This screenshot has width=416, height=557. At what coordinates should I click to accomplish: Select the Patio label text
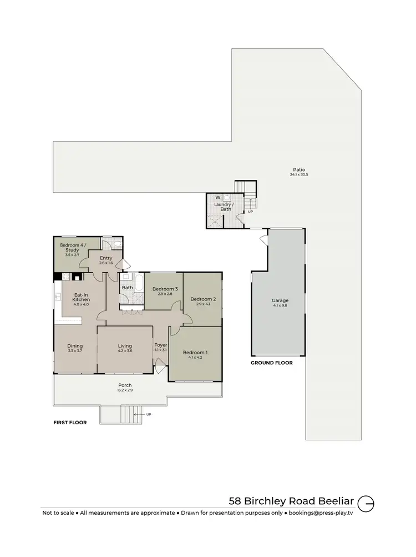pos(299,169)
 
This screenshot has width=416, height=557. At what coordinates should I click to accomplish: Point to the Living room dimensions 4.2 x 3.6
pos(125,352)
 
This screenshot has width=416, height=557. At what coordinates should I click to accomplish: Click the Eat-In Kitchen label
pos(81,297)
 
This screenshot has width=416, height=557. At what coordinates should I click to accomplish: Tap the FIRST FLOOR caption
pos(70,423)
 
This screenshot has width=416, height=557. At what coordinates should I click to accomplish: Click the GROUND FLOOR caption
pos(272,363)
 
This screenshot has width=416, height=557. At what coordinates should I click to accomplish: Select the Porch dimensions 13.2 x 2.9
pos(125,390)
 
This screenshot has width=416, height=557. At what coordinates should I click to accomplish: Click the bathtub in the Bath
pos(139,284)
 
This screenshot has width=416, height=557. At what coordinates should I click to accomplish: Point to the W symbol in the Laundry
pos(217,197)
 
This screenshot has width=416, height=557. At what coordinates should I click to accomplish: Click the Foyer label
pos(161,345)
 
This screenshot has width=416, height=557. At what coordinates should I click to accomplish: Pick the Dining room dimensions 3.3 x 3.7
pos(75,352)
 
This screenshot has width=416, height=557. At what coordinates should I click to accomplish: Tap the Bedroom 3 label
pos(165,289)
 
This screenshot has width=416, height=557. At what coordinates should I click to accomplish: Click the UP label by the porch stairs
pos(148,414)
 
